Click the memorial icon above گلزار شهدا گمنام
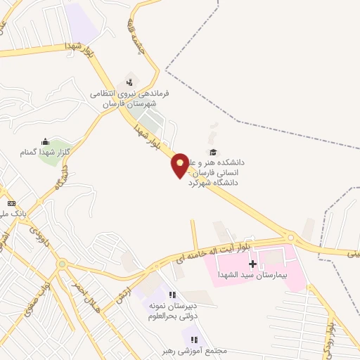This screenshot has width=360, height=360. coord(46,141)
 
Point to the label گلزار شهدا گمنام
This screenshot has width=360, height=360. coord(45,153)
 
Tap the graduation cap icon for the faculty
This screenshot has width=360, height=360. coord(212,152)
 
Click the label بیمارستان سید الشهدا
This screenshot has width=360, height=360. coord(252,275)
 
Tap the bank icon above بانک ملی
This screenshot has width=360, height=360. coord(11,203)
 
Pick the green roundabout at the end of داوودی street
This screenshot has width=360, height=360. coord(62,264)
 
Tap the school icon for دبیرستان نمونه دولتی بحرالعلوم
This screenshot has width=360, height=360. coord(172,295)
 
